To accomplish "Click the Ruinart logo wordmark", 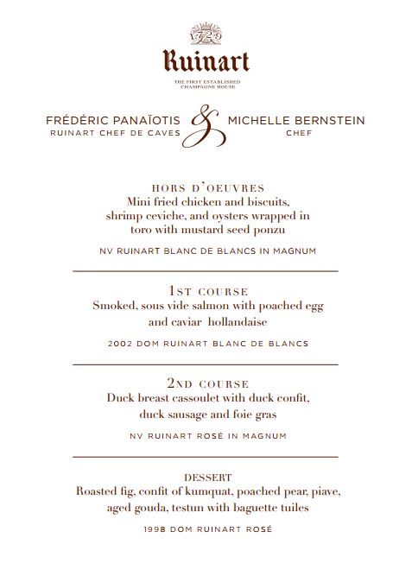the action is [206, 60].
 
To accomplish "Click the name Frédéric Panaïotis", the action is [113, 120].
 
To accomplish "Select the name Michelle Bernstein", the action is [295, 120].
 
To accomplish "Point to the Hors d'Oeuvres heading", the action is [207, 188].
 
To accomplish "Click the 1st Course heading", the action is [207, 291].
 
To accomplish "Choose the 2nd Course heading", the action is [207, 383].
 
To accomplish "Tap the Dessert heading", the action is [207, 477].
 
